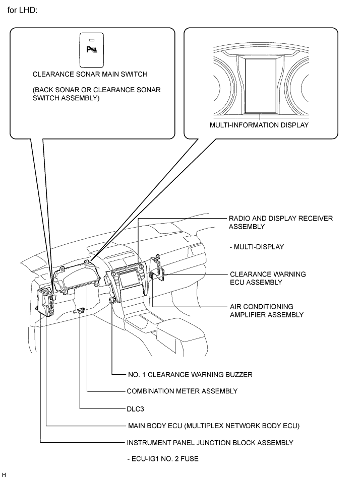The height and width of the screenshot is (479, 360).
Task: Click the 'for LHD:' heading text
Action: [22, 10]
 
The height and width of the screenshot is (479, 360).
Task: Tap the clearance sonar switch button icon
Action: [91, 50]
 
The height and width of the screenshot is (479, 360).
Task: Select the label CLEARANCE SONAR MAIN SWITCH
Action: [90, 74]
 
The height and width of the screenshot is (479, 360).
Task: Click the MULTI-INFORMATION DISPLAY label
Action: [259, 125]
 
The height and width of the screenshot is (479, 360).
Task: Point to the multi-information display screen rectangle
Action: [261, 86]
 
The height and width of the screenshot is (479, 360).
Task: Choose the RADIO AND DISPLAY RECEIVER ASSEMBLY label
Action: [280, 223]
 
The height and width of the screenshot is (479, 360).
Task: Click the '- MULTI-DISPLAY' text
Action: [257, 247]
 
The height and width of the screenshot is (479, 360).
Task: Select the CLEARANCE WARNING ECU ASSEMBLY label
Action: [268, 279]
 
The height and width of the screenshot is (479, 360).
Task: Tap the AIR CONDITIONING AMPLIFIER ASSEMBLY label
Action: [266, 311]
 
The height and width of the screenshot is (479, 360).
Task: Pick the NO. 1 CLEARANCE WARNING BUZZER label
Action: [190, 375]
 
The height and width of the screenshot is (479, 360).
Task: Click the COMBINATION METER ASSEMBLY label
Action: [182, 391]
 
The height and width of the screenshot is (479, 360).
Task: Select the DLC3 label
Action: [135, 409]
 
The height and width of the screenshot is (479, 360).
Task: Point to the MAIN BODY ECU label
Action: [213, 426]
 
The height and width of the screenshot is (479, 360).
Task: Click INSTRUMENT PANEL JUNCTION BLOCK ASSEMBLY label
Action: [210, 443]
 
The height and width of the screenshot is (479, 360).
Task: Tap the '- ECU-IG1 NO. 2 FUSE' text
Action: [163, 459]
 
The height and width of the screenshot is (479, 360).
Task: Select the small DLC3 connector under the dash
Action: [81, 311]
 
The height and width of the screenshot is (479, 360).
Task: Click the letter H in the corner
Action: [4, 475]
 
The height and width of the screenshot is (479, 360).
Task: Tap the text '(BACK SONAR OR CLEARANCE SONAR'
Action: [97, 90]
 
